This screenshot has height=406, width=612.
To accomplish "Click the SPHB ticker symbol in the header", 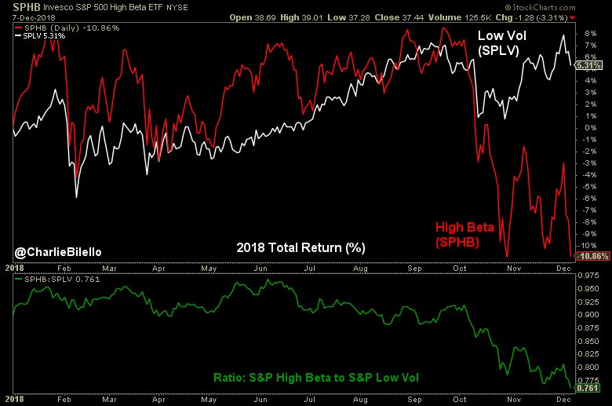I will point(20,8).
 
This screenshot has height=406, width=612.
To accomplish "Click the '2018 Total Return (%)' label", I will point(301,247).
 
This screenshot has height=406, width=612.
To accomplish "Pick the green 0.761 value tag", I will point(588,388).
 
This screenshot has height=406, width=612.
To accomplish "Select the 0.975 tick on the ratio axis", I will point(589,276).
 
